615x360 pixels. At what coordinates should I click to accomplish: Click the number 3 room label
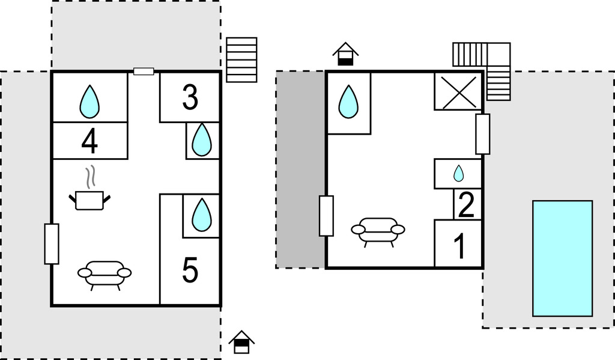click(190, 98)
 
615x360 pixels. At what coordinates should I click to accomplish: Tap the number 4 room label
click(89, 142)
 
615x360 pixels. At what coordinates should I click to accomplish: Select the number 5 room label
click(190, 270)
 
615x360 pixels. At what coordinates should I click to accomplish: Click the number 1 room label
click(459, 246)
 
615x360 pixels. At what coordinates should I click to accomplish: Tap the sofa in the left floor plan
click(105, 275)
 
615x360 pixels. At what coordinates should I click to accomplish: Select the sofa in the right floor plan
click(378, 231)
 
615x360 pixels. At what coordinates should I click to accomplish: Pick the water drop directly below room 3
click(202, 140)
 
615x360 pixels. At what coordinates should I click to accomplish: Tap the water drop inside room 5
click(202, 214)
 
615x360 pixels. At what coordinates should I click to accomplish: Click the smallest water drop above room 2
click(458, 174)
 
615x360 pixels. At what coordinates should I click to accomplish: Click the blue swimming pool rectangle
click(562, 258)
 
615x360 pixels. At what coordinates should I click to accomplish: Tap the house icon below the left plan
click(241, 342)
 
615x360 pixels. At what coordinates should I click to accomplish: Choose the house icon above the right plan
click(345, 53)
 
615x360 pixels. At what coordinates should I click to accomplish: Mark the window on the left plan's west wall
click(52, 243)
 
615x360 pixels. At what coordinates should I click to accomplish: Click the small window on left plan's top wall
click(144, 72)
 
